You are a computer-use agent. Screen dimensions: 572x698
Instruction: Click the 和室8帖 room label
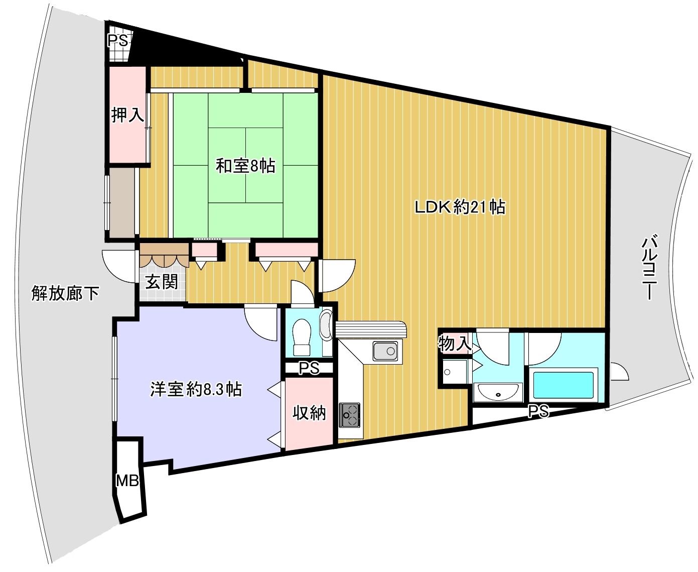coord(245,166)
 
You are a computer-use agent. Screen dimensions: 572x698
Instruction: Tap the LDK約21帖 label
coord(460,207)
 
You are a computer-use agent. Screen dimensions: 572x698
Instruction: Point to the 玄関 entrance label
coord(162,281)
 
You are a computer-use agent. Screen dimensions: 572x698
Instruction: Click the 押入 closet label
coord(127,115)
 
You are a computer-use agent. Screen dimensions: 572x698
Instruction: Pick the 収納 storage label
coord(309,413)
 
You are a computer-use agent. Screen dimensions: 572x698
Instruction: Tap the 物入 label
coord(455,344)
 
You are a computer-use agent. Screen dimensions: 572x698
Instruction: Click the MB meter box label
coord(127,481)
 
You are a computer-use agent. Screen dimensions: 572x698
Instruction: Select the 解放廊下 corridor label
coord(65,293)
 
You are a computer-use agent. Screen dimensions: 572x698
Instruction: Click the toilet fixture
coord(302,337)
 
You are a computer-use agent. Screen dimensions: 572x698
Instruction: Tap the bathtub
coord(563,385)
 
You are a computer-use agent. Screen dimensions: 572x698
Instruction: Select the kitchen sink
coord(385,351)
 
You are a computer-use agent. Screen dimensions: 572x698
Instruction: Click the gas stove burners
coord(349,414)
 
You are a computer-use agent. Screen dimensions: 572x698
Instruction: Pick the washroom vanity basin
coord(498,391)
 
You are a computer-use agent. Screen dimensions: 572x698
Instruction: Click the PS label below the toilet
coord(309,369)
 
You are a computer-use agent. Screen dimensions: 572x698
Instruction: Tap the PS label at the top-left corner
coord(119,40)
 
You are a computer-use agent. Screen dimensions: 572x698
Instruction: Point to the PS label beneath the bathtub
coord(538,411)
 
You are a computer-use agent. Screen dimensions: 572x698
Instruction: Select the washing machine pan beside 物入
coord(454,372)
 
